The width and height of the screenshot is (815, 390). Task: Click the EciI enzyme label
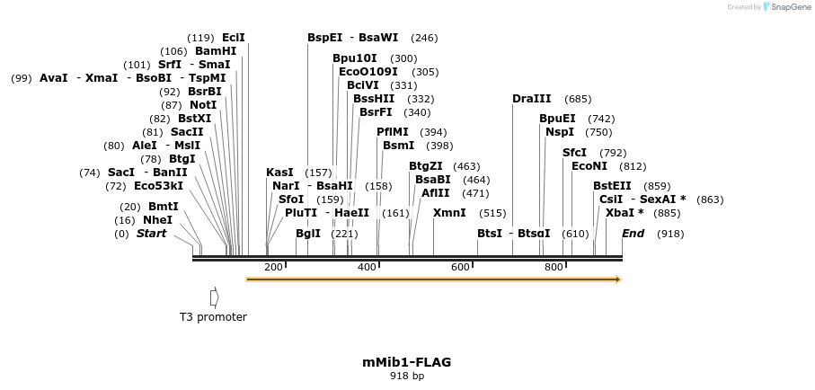pyautogui.click(x=233, y=38)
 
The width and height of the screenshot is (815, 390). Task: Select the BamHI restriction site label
pyautogui.click(x=216, y=51)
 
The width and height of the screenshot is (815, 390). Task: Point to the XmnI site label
pyautogui.click(x=449, y=213)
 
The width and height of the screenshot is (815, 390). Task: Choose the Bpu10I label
pyautogui.click(x=355, y=58)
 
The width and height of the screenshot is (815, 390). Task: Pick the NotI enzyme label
pyautogui.click(x=202, y=105)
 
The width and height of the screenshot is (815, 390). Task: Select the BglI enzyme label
pyautogui.click(x=308, y=234)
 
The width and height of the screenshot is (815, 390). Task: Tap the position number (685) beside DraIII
pyautogui.click(x=578, y=99)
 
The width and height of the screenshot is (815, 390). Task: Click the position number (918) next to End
pyautogui.click(x=670, y=234)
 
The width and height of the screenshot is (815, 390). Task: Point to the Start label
pyautogui.click(x=151, y=234)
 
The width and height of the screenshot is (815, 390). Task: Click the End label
pyautogui.click(x=633, y=234)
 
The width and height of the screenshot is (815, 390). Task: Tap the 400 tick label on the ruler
pyautogui.click(x=367, y=267)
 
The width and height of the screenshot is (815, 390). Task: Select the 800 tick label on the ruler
pyautogui.click(x=554, y=267)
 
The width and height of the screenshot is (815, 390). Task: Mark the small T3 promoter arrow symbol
pyautogui.click(x=214, y=297)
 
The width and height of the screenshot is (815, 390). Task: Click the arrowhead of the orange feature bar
pyautogui.click(x=617, y=279)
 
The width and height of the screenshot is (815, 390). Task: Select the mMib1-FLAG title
pyautogui.click(x=406, y=362)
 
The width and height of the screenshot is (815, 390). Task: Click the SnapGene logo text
pyautogui.click(x=787, y=6)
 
